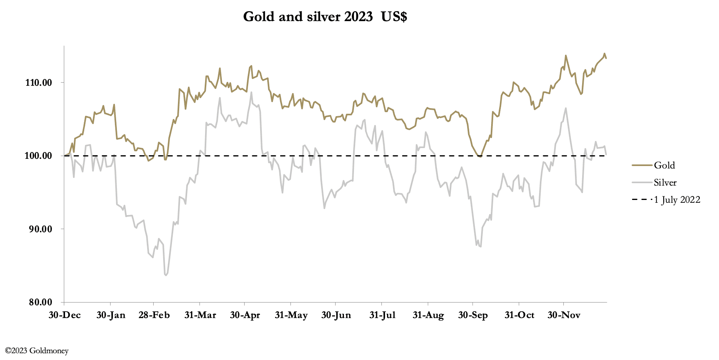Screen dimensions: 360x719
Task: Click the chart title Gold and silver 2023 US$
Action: point(325,17)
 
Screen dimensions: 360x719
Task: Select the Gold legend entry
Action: point(664,165)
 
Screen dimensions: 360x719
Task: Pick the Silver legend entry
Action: point(665,183)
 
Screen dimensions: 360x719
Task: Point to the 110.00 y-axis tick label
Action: point(39,83)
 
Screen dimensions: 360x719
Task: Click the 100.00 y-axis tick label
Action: point(39,156)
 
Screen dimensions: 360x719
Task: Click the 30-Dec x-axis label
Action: point(65,315)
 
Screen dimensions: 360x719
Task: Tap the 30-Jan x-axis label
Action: point(111,315)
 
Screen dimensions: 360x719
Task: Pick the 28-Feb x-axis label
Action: point(154,315)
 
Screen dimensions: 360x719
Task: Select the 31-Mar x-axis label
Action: point(200,315)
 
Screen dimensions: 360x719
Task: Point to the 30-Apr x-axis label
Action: point(245,315)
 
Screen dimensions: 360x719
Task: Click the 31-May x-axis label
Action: point(291,315)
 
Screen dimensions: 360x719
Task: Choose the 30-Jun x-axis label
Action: point(336,315)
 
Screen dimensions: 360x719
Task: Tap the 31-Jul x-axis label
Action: point(382,315)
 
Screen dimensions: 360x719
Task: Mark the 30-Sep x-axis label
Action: point(473,315)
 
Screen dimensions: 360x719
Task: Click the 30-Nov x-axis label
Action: point(564,315)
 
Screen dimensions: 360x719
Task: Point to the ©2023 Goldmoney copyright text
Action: point(37,351)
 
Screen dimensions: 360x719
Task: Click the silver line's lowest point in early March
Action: point(166,275)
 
